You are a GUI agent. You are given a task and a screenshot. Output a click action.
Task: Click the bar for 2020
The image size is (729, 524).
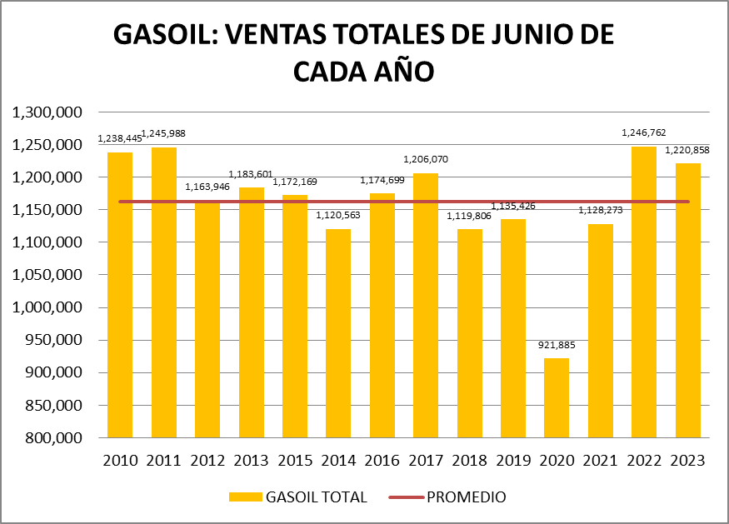point(557,397)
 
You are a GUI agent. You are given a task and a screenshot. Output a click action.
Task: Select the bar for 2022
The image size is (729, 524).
point(644,292)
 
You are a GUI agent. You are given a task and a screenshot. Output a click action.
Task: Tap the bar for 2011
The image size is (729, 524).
point(163,292)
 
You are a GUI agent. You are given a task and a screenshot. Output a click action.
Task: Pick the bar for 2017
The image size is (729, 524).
point(426,304)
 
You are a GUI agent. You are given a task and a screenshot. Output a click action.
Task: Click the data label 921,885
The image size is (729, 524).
point(557,345)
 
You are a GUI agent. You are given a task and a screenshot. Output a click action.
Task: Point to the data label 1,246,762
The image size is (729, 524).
point(644,132)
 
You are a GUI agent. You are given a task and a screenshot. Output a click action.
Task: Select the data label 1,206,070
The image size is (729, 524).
point(426,158)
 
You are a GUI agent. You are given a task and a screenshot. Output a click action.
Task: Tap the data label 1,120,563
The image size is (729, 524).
point(338,215)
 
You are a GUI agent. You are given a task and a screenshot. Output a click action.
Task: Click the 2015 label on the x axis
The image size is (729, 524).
point(294,461)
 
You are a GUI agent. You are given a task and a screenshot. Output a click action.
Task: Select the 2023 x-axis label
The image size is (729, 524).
point(687,461)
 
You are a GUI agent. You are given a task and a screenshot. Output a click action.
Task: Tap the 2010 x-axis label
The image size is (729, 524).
point(120,461)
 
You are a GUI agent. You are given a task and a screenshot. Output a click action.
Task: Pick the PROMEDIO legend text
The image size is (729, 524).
point(466,497)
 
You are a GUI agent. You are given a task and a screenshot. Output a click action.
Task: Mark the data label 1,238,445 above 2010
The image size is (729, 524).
point(120,138)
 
